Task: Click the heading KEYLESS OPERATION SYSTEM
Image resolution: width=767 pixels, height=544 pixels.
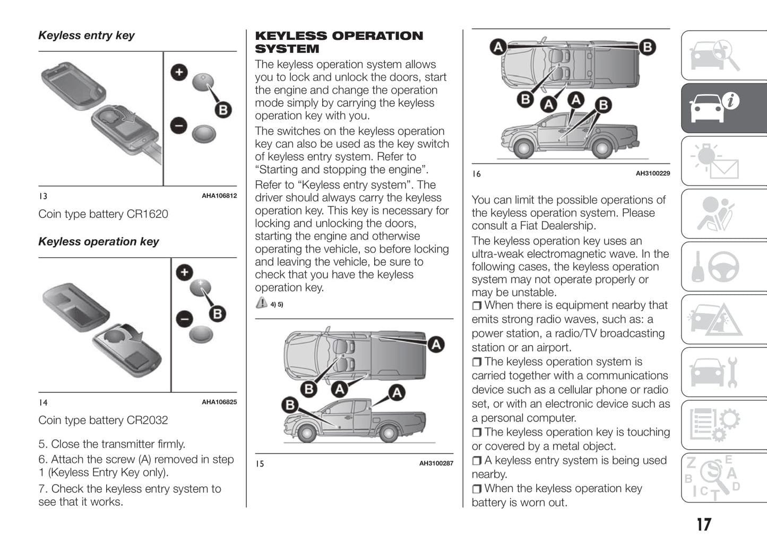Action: (x=339, y=42)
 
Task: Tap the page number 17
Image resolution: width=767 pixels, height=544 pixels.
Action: (x=704, y=524)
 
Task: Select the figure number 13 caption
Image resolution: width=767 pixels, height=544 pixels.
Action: (x=43, y=196)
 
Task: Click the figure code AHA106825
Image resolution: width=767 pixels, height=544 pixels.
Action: (x=219, y=402)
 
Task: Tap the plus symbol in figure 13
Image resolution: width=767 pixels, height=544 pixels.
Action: (x=179, y=72)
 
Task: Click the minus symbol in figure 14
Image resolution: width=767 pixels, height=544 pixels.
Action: (x=184, y=319)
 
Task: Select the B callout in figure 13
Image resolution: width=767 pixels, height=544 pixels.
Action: (x=223, y=110)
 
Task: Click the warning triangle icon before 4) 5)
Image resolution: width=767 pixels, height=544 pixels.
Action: (x=261, y=303)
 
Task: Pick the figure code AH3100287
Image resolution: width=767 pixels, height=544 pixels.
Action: (x=436, y=463)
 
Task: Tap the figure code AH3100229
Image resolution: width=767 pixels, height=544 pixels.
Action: (x=653, y=173)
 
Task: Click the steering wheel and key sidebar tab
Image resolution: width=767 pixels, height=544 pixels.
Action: (x=724, y=267)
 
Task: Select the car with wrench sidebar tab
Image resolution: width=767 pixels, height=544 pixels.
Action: (x=724, y=372)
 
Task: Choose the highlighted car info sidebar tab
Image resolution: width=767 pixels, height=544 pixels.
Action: (x=724, y=108)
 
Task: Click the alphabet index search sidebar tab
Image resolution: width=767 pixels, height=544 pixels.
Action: (x=724, y=478)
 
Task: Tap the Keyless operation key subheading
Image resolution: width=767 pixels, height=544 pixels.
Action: (x=99, y=242)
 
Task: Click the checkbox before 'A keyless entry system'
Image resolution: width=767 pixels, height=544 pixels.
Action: (x=477, y=461)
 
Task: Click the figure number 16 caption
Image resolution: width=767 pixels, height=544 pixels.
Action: (x=477, y=174)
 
